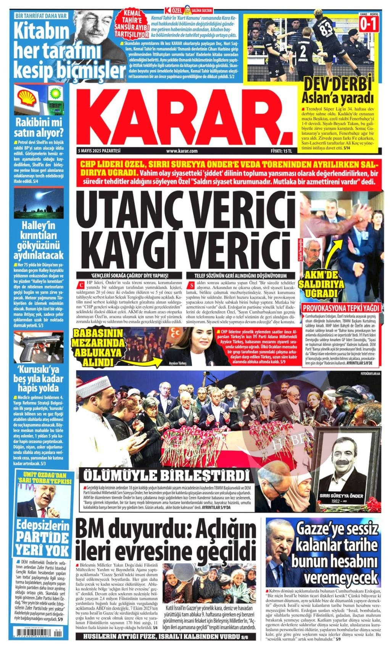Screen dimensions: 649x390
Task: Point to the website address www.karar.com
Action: tap(182, 151)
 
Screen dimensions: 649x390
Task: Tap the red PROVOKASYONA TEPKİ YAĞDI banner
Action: tap(341, 308)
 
